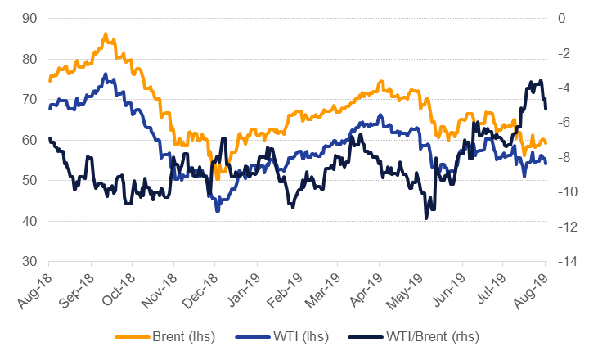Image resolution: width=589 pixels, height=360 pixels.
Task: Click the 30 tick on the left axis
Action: [x=29, y=262]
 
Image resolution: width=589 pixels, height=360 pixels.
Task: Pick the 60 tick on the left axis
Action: [x=29, y=140]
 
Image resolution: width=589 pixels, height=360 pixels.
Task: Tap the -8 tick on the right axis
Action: [x=564, y=157]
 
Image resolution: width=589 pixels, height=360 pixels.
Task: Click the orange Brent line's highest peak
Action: [x=106, y=34]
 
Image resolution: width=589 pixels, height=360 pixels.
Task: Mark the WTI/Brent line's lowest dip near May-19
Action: [x=426, y=218]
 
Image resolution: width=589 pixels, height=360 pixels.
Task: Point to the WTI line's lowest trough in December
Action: [x=218, y=210]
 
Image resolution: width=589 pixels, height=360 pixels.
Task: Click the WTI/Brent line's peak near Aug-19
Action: [x=541, y=80]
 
